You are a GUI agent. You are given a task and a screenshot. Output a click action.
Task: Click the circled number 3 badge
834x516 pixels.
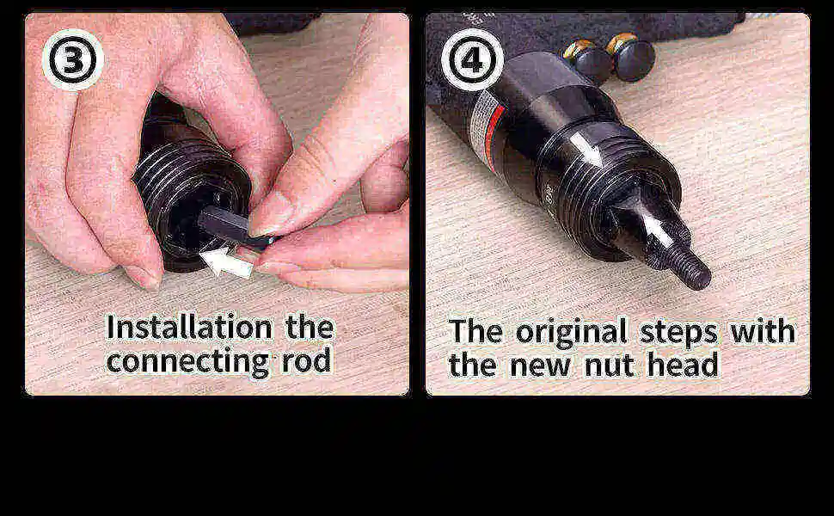[x=72, y=59]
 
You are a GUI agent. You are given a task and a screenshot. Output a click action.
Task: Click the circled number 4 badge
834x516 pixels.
[x=471, y=59]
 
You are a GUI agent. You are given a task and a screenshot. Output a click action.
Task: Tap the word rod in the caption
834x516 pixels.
[x=306, y=361]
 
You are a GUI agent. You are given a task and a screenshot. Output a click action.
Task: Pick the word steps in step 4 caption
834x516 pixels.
[x=679, y=331]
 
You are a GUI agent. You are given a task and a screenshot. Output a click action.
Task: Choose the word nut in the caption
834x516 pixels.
[x=607, y=365]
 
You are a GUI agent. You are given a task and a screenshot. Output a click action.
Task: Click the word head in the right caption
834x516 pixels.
[x=683, y=365]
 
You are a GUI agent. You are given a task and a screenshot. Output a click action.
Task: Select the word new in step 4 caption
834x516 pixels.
[x=540, y=365]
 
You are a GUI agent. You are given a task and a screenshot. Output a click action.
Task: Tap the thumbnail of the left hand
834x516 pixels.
[x=141, y=277]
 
